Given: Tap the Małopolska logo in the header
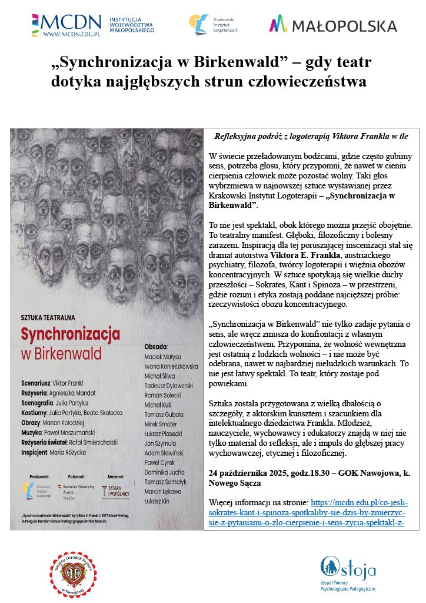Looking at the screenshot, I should [332, 25].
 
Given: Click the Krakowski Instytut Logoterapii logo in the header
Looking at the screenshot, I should [209, 25].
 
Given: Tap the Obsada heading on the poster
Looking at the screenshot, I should [156, 346].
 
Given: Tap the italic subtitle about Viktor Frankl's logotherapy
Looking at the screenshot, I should [311, 136].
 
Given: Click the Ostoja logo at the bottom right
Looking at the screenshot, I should [347, 572].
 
